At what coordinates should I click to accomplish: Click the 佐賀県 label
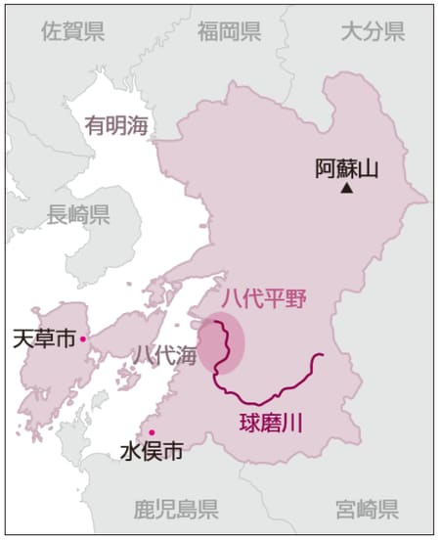pos(73,32)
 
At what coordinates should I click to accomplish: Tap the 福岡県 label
pos(229,32)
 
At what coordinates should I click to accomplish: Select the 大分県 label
pos(373,32)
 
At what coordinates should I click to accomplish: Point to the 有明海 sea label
pos(115,125)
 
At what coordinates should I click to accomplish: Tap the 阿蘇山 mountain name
pos(346,167)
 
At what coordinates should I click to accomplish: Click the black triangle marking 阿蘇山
pos(346,188)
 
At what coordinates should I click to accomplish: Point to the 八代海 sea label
pos(165,353)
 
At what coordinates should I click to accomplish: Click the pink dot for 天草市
pos(84,338)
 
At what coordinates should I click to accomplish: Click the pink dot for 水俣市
pos(152,432)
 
